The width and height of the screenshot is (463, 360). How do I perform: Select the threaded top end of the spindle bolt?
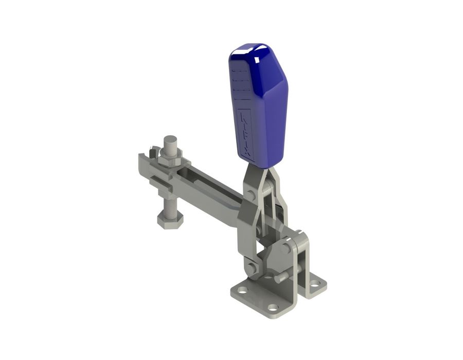[170, 141]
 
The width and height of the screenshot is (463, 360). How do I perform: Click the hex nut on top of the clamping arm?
[169, 155]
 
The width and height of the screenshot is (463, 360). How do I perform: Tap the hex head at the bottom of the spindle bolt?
[169, 222]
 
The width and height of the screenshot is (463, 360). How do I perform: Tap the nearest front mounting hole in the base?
[273, 307]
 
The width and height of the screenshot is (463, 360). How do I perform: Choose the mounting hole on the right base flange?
[314, 283]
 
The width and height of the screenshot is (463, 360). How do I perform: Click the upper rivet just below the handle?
[251, 194]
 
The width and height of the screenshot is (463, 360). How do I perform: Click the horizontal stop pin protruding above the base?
[281, 277]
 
